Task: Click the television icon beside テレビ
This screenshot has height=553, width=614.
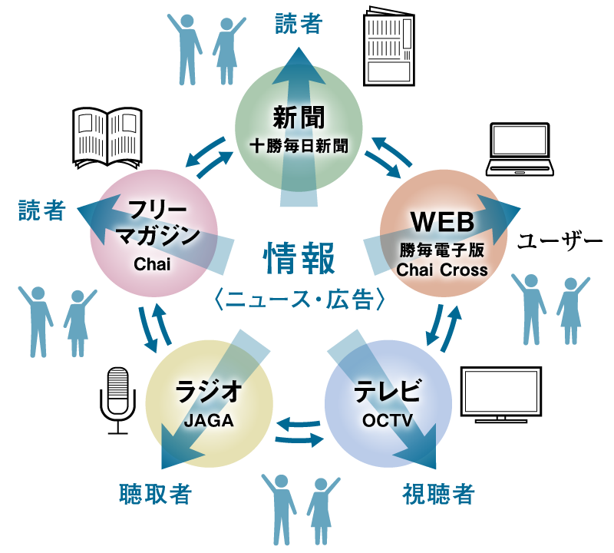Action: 501,396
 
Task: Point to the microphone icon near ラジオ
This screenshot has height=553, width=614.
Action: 117,391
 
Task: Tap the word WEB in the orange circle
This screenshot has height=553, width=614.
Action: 443,222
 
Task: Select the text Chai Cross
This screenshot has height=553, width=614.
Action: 442,270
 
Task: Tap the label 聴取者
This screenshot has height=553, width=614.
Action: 154,494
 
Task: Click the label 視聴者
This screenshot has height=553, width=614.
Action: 438,494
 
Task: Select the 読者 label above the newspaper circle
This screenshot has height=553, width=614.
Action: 299,24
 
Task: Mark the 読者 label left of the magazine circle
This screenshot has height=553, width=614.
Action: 43,211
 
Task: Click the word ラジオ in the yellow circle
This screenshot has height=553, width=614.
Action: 209,392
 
